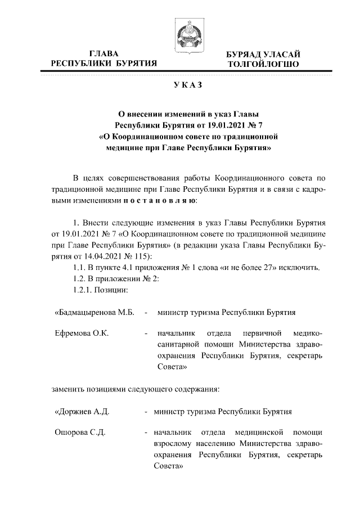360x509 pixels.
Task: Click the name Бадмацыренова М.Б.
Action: (x=94, y=312)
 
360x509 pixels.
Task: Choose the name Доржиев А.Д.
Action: (x=82, y=411)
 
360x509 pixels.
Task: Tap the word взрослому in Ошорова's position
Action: (x=178, y=444)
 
